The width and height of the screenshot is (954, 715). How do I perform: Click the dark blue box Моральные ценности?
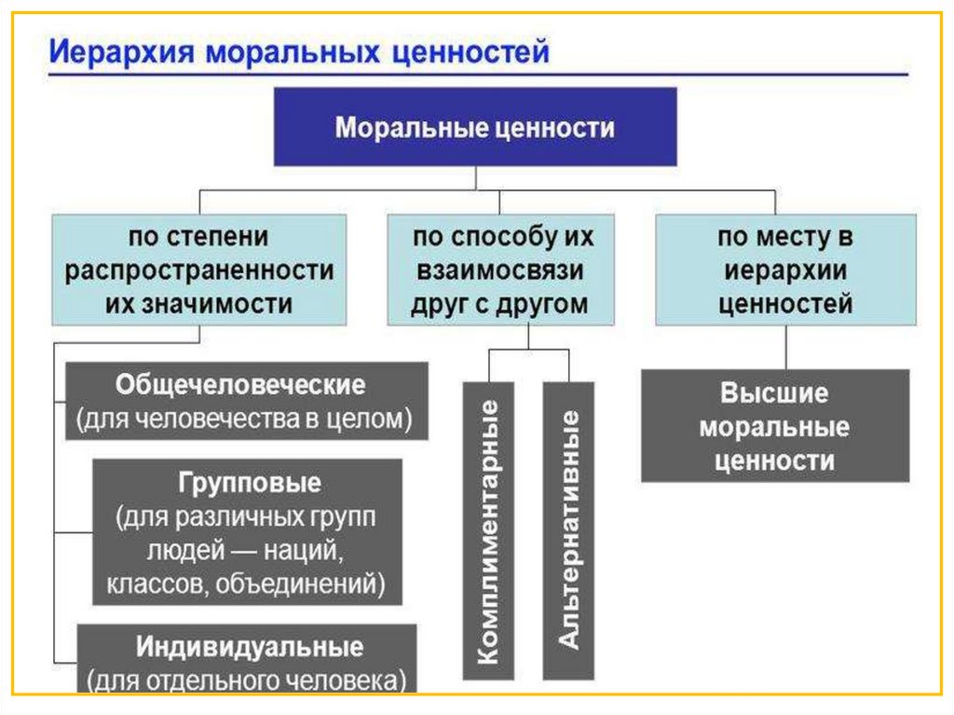[x=474, y=127]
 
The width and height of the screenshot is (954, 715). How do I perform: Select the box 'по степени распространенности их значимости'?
[x=199, y=269]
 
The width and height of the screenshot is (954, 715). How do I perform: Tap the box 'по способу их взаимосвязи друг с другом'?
[x=500, y=269]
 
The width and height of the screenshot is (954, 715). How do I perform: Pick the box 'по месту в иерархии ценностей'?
[x=784, y=269]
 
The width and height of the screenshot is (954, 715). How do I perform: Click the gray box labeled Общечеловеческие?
[x=247, y=401]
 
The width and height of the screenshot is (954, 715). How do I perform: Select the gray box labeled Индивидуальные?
[x=247, y=660]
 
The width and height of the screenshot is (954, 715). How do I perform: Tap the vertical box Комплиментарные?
[x=487, y=530]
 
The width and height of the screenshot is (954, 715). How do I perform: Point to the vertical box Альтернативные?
[x=568, y=530]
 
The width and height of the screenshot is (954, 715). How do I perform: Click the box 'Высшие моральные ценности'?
[x=775, y=425]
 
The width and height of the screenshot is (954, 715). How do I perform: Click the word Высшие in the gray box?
[x=774, y=392]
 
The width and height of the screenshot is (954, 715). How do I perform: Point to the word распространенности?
[x=199, y=270]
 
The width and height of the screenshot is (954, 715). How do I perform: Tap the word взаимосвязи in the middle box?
[x=500, y=270]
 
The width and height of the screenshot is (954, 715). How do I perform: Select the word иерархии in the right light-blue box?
[x=784, y=270]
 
